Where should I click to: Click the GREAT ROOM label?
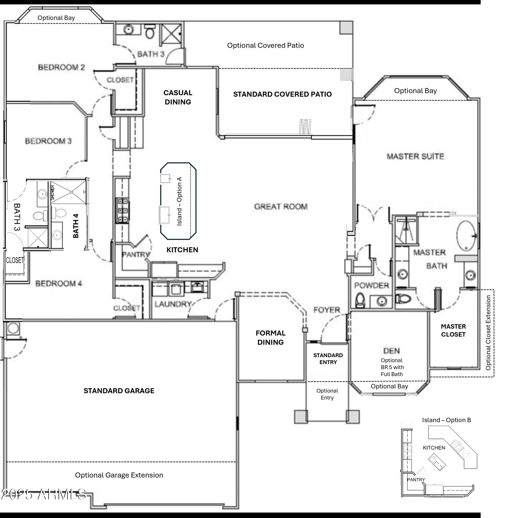[281, 206]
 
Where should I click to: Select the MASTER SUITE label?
[415, 156]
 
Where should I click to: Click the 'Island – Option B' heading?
[447, 420]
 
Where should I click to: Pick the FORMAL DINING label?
[271, 337]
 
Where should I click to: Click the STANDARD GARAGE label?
[119, 391]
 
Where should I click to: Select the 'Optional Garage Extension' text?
[119, 475]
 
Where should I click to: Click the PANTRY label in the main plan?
[136, 255]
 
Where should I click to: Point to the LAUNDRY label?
[173, 304]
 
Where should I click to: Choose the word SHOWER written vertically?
[53, 193]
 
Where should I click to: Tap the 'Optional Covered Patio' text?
[266, 45]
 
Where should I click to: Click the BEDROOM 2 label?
[61, 67]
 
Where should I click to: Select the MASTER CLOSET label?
[453, 330]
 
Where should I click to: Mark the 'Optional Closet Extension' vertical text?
[488, 333]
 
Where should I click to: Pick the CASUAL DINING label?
[178, 97]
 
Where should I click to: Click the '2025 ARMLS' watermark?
[44, 494]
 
